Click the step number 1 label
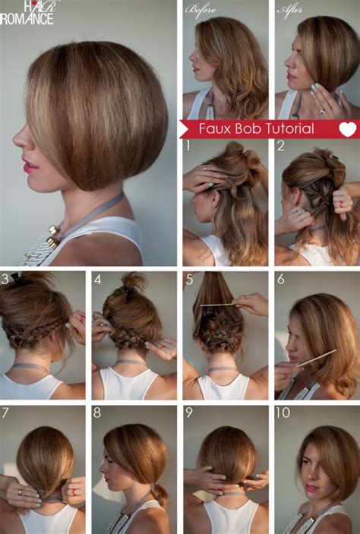[x=187, y=145]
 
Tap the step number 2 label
[x=280, y=145]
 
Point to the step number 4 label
[x=97, y=279]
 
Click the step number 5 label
[x=188, y=279]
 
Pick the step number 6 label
[x=280, y=279]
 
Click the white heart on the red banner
[x=347, y=129]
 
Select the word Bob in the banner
[x=244, y=128]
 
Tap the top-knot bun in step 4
[x=134, y=283]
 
